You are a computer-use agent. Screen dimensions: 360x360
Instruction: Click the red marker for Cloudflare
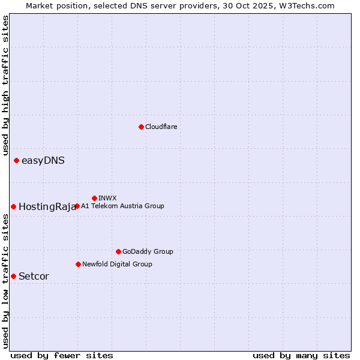coord(141,127)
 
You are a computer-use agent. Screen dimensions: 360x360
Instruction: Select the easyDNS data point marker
coord(16,160)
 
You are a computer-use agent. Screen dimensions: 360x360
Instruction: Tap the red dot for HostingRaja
coord(13,206)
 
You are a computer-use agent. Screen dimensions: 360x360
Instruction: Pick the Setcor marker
coord(13,276)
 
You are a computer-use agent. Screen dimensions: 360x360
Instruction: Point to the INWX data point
coord(94,198)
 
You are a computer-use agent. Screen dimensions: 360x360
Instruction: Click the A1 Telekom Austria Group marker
coord(77,206)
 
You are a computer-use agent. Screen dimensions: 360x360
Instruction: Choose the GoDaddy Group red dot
coord(118,251)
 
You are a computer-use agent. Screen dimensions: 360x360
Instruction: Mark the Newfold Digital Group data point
coord(78,264)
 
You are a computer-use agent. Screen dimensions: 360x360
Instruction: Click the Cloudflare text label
coord(161,127)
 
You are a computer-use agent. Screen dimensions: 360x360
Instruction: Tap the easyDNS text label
coord(43,160)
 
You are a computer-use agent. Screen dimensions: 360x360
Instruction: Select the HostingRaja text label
coord(47,206)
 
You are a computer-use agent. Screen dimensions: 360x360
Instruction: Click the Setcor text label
coord(34,276)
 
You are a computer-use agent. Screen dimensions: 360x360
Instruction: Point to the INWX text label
coord(107,198)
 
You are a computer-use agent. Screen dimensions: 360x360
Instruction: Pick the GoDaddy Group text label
coord(148,251)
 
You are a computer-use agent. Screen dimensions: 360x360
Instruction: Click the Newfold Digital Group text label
coord(117,264)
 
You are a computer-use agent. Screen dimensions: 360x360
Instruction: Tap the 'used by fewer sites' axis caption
coord(62,355)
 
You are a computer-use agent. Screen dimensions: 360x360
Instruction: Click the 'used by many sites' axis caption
coord(301,355)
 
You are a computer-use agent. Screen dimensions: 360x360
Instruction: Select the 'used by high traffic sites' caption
coord(5,85)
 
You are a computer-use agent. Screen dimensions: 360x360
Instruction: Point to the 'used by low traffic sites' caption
coord(5,281)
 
